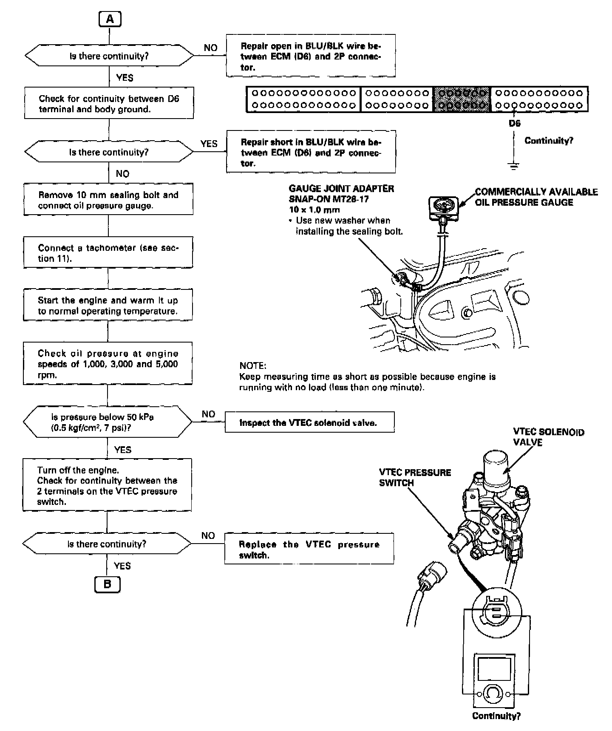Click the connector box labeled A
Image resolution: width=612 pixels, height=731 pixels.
click(110, 19)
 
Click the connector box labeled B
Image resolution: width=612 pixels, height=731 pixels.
click(107, 584)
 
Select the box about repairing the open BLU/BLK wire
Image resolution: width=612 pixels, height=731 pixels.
click(311, 56)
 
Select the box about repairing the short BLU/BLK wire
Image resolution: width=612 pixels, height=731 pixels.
click(311, 152)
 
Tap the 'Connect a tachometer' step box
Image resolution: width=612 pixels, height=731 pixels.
click(108, 253)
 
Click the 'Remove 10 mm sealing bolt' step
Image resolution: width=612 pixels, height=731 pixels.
click(108, 200)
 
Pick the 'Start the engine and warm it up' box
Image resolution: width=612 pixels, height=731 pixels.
click(108, 305)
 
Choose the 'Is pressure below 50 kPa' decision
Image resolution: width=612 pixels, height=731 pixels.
click(107, 422)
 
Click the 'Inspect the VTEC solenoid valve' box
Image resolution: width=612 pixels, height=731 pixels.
click(309, 422)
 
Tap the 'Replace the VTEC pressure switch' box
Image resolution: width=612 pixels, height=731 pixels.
click(309, 549)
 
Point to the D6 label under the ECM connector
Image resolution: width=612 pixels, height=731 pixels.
click(514, 124)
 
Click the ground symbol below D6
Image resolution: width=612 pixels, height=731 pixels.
click(514, 166)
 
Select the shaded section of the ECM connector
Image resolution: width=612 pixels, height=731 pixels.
click(462, 99)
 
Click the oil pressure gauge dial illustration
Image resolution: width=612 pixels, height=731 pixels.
click(443, 204)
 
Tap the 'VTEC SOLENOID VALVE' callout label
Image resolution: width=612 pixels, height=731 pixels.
click(548, 437)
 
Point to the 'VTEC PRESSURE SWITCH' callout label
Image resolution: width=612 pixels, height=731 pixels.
click(414, 477)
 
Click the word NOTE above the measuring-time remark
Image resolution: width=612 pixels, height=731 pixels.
click(252, 365)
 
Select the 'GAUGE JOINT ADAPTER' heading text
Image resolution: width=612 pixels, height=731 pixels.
click(341, 188)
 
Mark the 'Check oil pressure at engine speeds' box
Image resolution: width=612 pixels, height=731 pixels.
click(108, 364)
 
